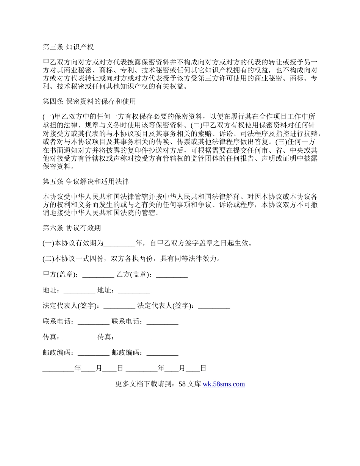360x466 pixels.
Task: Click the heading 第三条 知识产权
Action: click(68, 47)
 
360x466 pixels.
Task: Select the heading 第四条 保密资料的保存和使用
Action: click(89, 102)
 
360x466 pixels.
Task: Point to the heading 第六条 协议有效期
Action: click(72, 228)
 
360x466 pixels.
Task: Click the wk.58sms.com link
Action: click(224, 384)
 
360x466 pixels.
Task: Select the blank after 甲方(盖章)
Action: click(98, 275)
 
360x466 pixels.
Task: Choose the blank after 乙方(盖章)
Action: click(172, 275)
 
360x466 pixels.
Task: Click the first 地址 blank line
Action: click(79, 291)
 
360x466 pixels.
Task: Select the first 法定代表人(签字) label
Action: click(72, 306)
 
